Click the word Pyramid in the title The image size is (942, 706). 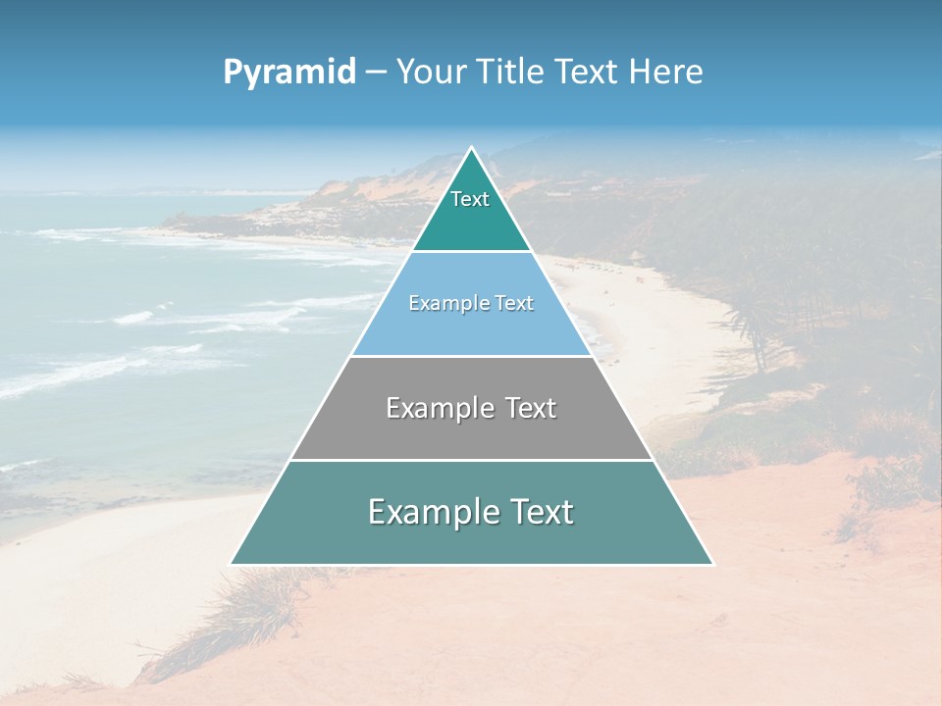289,73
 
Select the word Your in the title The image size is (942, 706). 430,72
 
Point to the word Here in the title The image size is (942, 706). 666,72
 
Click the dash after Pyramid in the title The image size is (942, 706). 376,73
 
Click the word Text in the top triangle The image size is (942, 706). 470,200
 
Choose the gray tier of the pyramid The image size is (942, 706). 471,431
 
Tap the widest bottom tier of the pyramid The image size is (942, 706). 471,539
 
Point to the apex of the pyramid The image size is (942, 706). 471,149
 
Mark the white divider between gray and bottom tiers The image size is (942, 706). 471,460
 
